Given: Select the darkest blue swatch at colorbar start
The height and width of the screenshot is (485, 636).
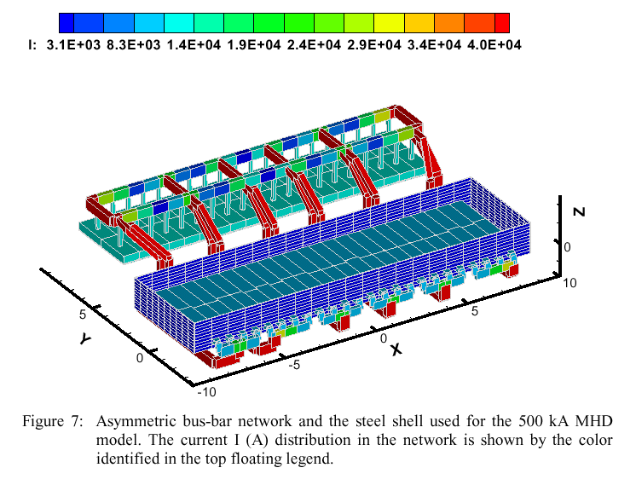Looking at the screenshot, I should [x=66, y=22].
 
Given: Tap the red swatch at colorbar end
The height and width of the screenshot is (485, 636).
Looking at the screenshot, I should [x=503, y=22].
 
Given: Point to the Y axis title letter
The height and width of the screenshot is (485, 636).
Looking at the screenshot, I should [x=84, y=338].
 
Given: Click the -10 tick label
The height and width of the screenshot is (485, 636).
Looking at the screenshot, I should [x=206, y=392].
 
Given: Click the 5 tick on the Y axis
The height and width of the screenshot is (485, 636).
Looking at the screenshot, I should [x=84, y=314].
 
